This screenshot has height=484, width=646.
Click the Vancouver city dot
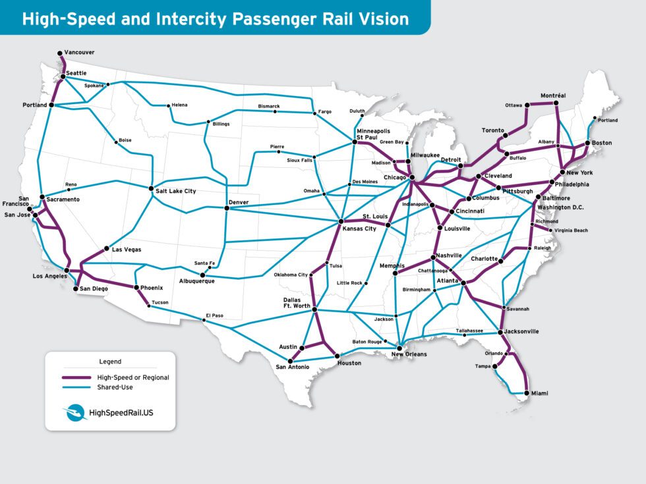[59, 52]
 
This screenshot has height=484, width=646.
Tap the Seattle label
[76, 72]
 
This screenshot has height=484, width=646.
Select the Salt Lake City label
[177, 191]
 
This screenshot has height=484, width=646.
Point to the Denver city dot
[227, 208]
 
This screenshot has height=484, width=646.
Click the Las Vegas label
[127, 250]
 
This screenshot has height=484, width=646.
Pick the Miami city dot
[526, 393]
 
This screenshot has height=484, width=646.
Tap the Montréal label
[553, 95]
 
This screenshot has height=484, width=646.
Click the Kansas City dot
[341, 221]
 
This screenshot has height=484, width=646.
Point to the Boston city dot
[587, 143]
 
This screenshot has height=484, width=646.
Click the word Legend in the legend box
[110, 362]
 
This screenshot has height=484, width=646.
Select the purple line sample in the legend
[76, 377]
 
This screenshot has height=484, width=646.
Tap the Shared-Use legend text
[115, 387]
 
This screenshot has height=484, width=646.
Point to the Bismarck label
[269, 106]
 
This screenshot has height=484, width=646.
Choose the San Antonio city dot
[290, 361]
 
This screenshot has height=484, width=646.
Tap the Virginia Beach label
[571, 230]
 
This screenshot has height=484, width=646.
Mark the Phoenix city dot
[136, 288]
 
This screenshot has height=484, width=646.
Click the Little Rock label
[349, 283]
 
